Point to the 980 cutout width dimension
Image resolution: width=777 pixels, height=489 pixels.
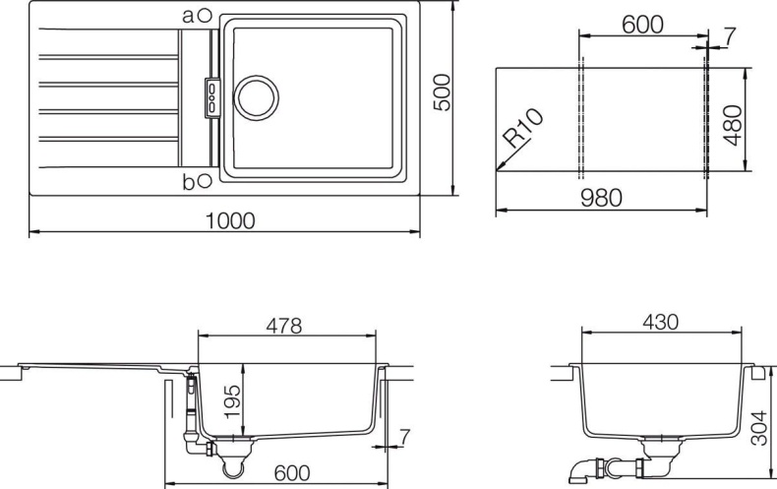600,198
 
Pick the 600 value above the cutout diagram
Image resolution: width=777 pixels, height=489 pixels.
642,25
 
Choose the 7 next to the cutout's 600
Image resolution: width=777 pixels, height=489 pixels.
729,36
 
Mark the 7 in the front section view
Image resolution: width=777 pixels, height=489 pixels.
404,434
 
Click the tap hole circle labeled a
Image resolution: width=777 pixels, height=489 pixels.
204,15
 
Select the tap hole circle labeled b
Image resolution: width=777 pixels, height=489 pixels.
204,180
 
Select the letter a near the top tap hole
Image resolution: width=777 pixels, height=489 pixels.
189,15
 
